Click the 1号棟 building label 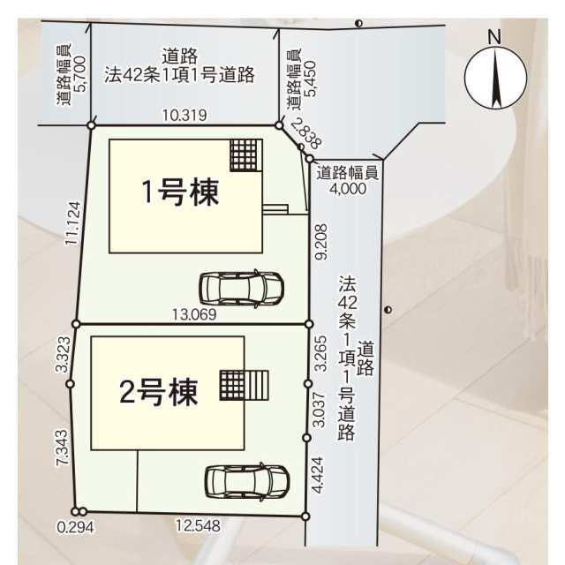pyautogui.click(x=180, y=192)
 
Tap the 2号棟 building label pyautogui.click(x=159, y=392)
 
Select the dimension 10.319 pyautogui.click(x=185, y=116)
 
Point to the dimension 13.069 pyautogui.click(x=194, y=314)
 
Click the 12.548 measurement pyautogui.click(x=198, y=526)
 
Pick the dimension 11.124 pyautogui.click(x=73, y=223)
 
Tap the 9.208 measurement pyautogui.click(x=320, y=242)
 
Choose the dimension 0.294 pyautogui.click(x=75, y=528)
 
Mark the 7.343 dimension pyautogui.click(x=62, y=448)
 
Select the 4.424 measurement pyautogui.click(x=318, y=475)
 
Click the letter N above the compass pyautogui.click(x=494, y=37)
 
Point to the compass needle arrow pyautogui.click(x=496, y=78)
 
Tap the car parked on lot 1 pyautogui.click(x=242, y=289)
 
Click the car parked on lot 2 pyautogui.click(x=247, y=482)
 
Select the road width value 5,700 pyautogui.click(x=80, y=74)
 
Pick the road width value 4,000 pyautogui.click(x=348, y=188)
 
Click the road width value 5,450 pyautogui.click(x=310, y=79)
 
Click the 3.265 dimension pyautogui.click(x=320, y=353)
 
